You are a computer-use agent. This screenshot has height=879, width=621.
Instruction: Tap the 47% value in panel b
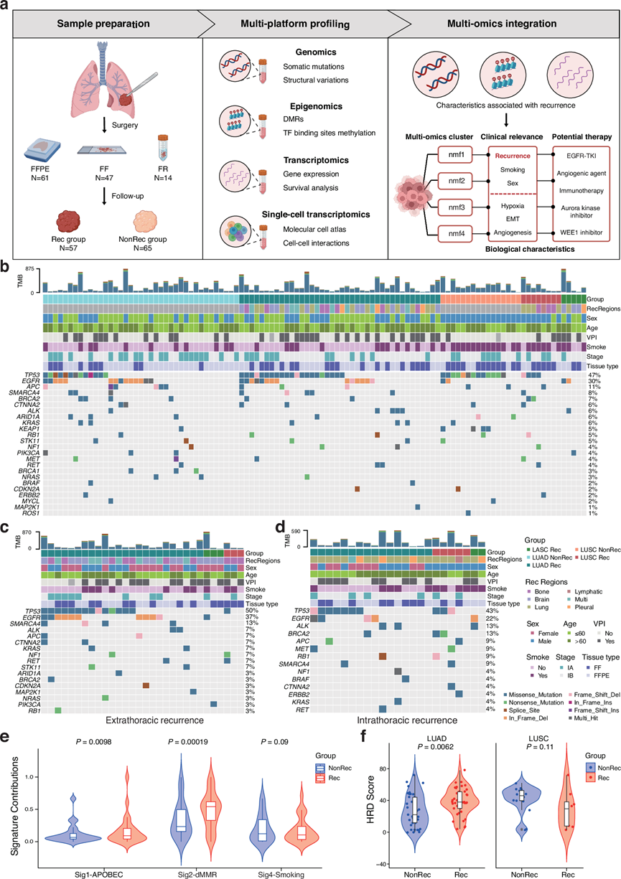(594, 374)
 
